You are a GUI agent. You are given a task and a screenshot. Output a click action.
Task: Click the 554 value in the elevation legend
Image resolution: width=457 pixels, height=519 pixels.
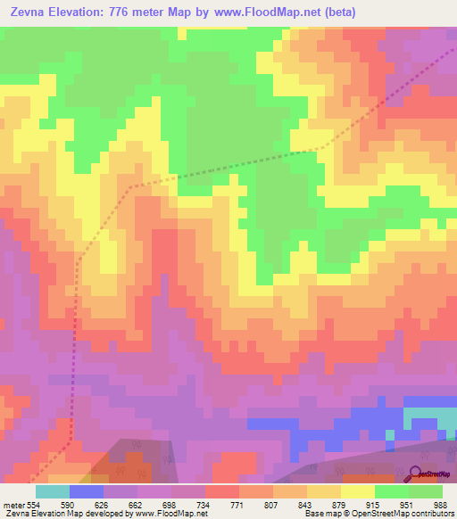tap(34, 504)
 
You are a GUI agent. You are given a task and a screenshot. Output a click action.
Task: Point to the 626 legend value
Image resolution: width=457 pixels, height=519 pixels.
tap(104, 504)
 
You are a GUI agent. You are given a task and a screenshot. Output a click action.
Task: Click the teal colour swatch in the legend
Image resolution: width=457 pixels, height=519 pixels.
tap(53, 491)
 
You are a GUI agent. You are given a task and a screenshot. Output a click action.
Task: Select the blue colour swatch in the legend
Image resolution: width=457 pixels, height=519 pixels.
tap(87, 491)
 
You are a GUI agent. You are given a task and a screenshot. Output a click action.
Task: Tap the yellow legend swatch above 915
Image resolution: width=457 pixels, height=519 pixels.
tap(358, 491)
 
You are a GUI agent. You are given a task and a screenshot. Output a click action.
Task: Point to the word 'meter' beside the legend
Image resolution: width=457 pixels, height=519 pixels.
tap(13, 504)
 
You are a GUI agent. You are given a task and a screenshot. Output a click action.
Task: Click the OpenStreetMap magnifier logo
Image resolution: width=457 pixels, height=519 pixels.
tap(416, 474)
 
